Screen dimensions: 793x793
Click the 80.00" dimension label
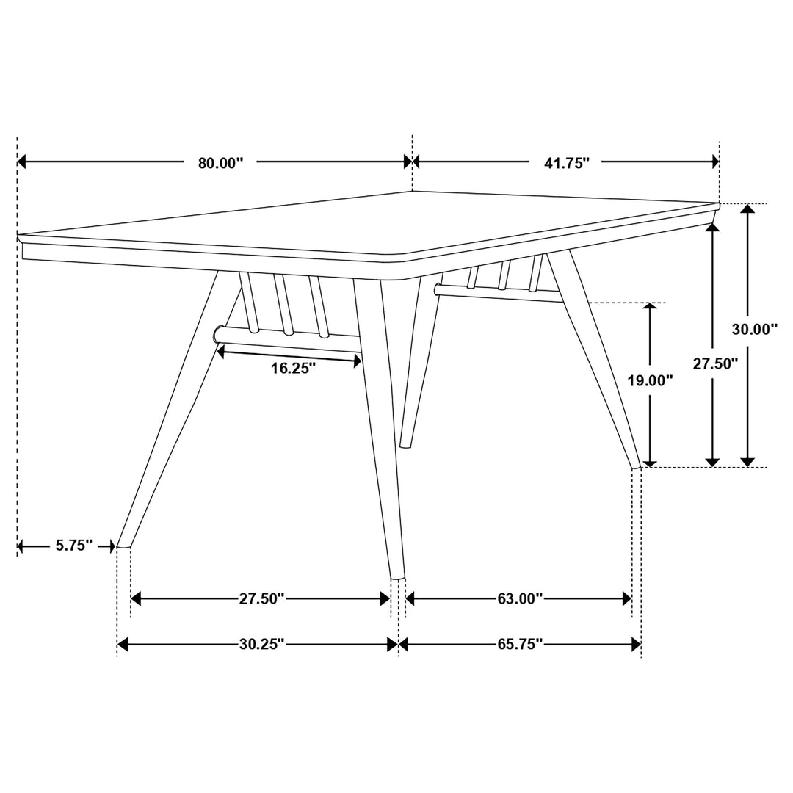220,163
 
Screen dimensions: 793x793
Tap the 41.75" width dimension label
567,163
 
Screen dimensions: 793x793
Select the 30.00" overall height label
755,330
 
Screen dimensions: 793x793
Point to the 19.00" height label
651,380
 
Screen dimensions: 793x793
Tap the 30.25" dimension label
261,645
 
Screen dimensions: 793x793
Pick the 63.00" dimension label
520,599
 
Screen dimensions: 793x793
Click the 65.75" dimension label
520,645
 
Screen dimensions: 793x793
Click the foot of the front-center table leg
396,576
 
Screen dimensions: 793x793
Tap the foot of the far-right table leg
637,464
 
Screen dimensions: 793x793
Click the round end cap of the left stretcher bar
219,335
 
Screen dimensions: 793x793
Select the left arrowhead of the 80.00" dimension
22,162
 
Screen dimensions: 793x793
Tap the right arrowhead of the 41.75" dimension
714,162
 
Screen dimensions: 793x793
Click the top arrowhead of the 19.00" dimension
650,308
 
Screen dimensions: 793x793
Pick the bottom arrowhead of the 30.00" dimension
747,461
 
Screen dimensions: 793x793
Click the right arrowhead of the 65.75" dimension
636,645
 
